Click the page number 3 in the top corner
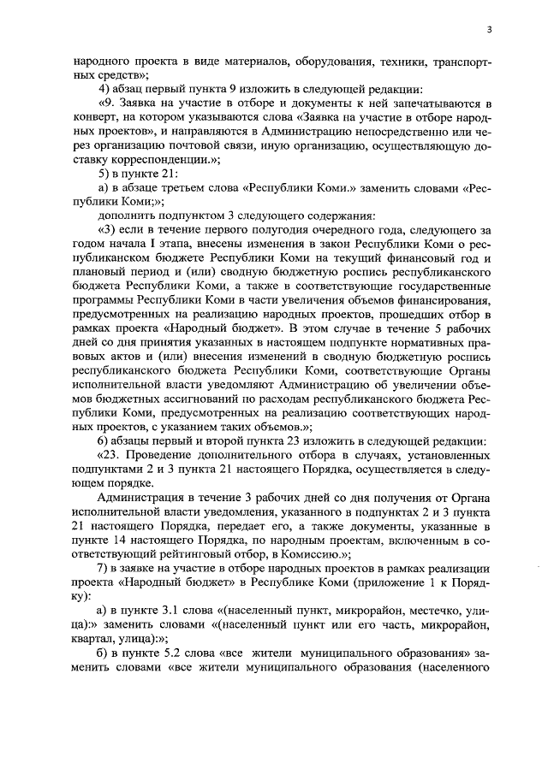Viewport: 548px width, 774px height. [x=488, y=29]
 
